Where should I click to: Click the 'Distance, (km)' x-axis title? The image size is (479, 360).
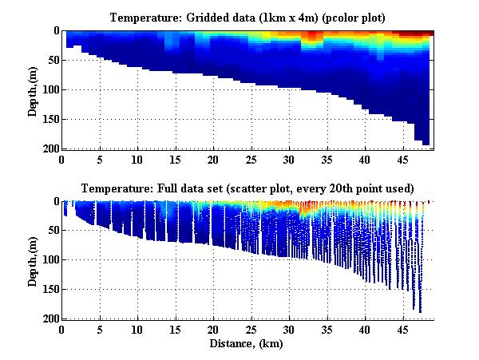coord(247,342)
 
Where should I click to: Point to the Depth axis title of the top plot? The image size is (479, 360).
coord(33,89)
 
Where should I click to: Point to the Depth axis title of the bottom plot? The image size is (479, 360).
coord(33,260)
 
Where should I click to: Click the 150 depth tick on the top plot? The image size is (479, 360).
coord(49,119)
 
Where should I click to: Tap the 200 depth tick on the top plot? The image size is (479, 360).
coord(49,148)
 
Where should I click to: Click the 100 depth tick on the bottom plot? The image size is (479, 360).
coord(49,260)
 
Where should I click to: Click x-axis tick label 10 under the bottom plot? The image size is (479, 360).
coord(137,329)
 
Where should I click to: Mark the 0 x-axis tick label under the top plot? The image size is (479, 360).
coord(61,159)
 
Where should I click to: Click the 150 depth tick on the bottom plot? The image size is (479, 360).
coord(49,290)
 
